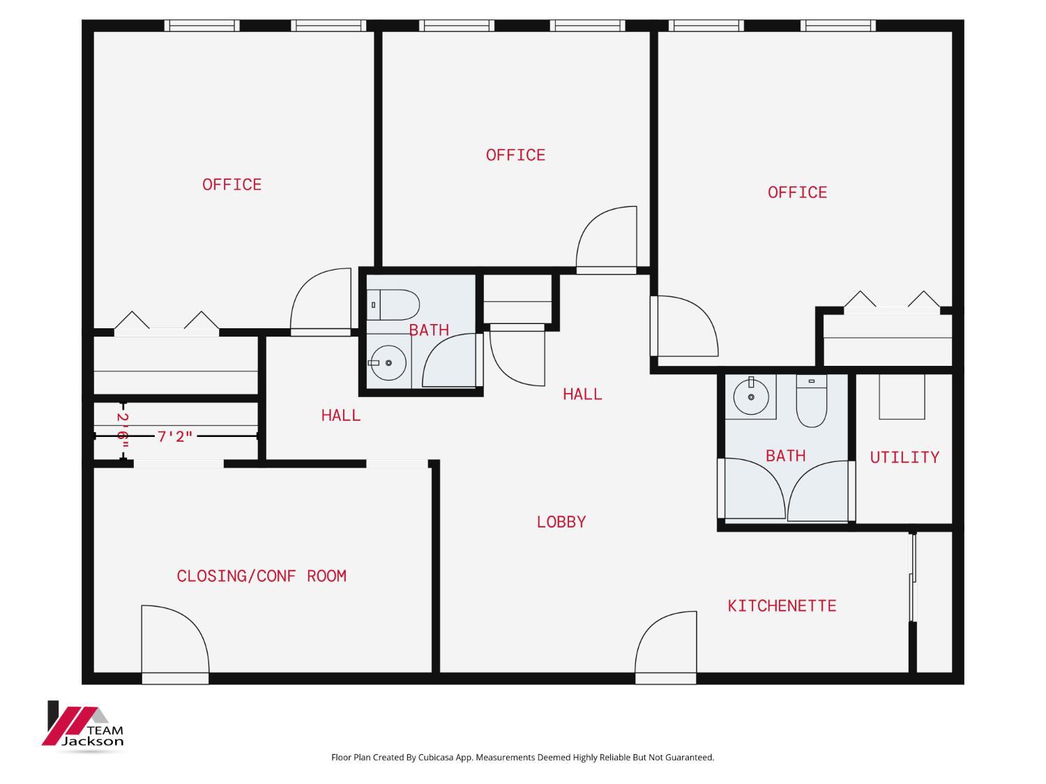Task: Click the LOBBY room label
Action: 561,522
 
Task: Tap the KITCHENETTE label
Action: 782,606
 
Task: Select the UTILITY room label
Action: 904,457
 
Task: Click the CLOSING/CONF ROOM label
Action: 261,576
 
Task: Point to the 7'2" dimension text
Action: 175,436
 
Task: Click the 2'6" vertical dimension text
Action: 123,431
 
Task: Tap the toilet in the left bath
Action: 393,305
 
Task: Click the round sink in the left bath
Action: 388,362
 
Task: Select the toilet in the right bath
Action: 811,401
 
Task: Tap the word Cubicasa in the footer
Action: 436,757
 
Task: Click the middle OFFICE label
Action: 515,155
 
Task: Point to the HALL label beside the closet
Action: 341,415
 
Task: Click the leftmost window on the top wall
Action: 202,26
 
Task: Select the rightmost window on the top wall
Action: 837,26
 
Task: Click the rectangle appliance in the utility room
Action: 902,397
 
